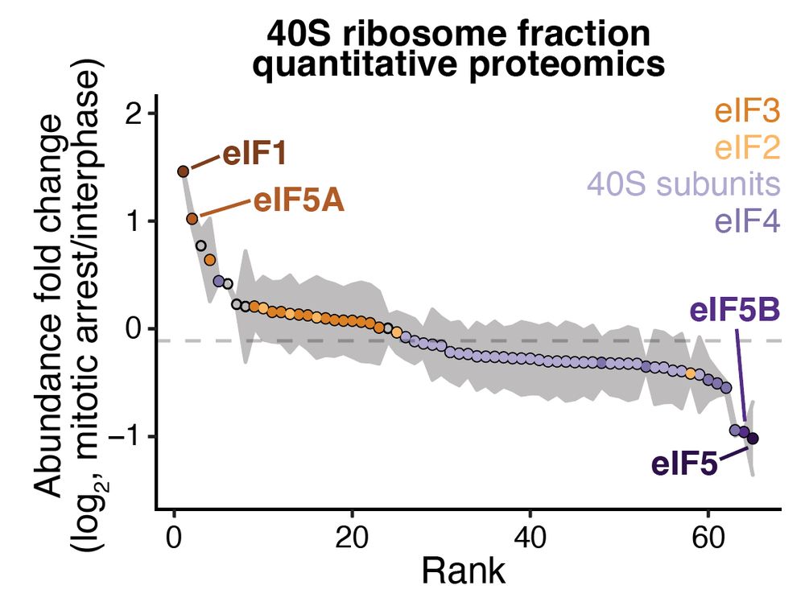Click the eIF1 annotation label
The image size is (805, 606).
(x=254, y=154)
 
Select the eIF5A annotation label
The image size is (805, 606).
(x=299, y=201)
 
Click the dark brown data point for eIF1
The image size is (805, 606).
(x=184, y=171)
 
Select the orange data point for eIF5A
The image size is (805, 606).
(x=192, y=219)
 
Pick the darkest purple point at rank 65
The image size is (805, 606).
(x=753, y=439)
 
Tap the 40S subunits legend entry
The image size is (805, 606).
(x=683, y=184)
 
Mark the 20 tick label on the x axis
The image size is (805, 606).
(x=352, y=538)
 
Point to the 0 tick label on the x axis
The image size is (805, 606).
(x=174, y=538)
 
